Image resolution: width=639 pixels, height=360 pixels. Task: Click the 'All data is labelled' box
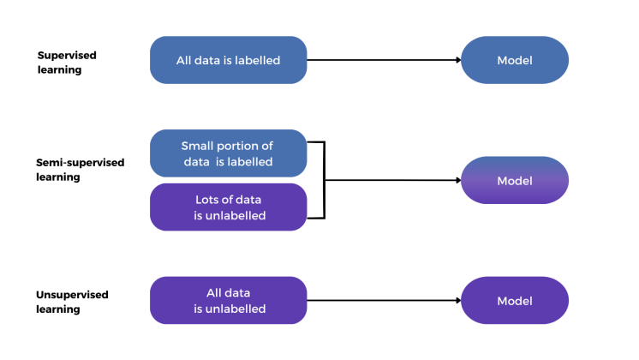click(x=228, y=60)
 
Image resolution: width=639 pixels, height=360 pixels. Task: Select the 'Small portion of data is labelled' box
click(x=228, y=153)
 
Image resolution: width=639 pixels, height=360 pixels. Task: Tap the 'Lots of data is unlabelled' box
click(x=228, y=207)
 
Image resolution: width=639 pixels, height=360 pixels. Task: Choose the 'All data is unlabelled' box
click(x=228, y=300)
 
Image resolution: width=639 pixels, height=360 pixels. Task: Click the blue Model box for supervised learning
click(x=515, y=60)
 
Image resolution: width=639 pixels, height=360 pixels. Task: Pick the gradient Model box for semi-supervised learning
click(x=515, y=180)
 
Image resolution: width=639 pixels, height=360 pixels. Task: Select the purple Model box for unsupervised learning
click(x=515, y=300)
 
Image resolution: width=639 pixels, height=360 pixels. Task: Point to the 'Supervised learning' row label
click(x=67, y=62)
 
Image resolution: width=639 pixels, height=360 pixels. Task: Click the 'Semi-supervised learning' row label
click(x=80, y=169)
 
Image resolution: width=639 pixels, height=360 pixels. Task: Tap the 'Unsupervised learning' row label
click(x=72, y=301)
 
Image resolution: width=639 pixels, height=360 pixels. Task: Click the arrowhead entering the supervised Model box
click(x=457, y=60)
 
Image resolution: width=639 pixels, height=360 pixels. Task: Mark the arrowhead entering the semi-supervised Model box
click(x=457, y=180)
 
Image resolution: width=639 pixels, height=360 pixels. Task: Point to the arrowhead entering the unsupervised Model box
click(x=457, y=300)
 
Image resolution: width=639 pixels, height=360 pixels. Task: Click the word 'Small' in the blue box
click(x=197, y=146)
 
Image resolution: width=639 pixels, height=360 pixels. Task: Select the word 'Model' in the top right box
click(x=515, y=60)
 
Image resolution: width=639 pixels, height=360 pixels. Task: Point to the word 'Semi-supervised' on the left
click(x=80, y=162)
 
